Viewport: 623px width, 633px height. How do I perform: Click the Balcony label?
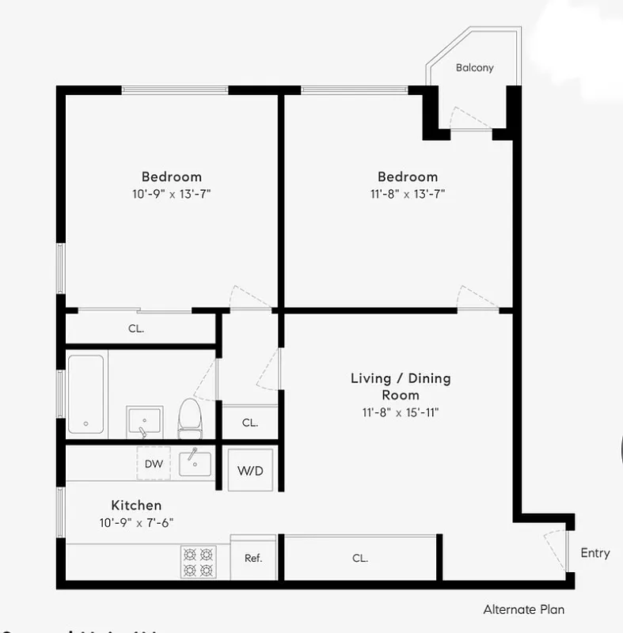474,67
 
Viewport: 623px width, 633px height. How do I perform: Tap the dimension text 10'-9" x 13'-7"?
172,194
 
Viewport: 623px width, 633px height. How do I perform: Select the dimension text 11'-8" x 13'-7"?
407,194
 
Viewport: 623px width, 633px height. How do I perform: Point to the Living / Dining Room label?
401,386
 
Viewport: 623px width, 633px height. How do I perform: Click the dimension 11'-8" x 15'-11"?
401,412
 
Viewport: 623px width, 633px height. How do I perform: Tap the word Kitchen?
136,505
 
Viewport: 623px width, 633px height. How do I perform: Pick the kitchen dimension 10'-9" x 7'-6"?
136,522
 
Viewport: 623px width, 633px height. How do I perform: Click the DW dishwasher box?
154,464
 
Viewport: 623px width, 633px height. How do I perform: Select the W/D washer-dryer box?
250,470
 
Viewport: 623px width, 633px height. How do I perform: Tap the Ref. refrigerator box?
253,558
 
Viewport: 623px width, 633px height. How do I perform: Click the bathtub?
85,394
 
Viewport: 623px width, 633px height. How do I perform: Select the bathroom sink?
144,420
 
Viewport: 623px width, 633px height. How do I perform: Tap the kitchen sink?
195,463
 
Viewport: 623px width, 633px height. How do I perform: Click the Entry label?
595,553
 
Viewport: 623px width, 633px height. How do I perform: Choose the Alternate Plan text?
524,609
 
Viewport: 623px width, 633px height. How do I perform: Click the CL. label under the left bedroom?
136,328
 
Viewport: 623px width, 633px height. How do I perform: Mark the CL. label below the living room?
360,558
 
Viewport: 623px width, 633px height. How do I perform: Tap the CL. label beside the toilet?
250,423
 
